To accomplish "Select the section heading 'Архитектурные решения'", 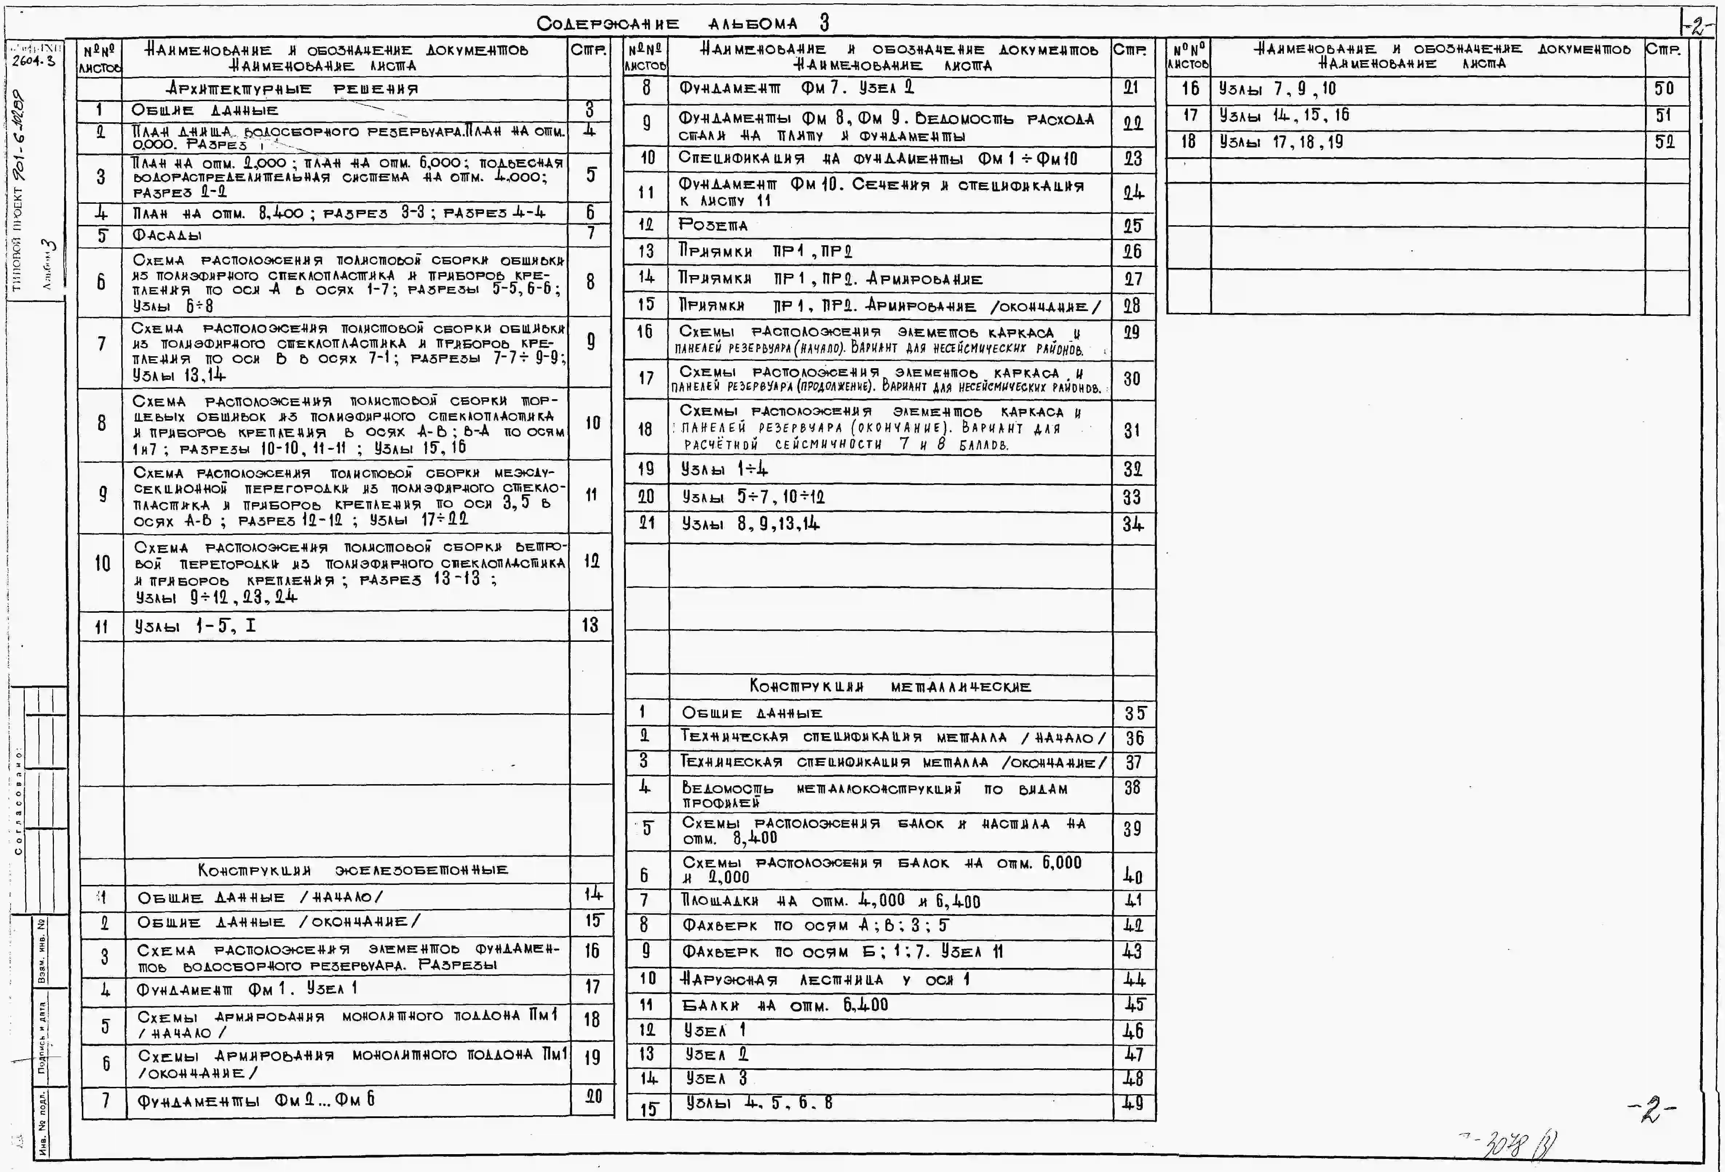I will coord(293,89).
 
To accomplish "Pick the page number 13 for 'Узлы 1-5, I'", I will coord(590,626).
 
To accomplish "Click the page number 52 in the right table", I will coord(1665,142).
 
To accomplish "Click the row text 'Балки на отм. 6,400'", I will coord(785,1006).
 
